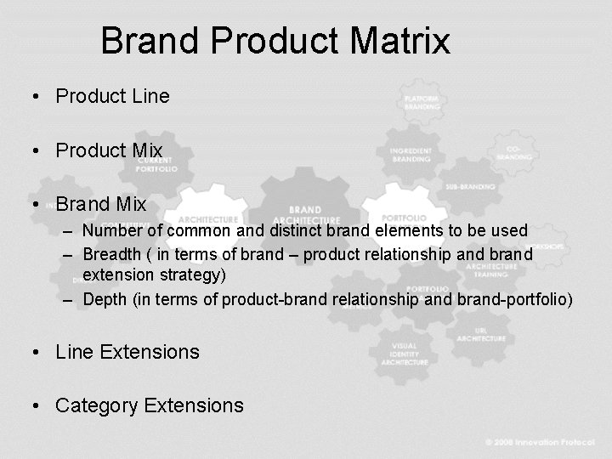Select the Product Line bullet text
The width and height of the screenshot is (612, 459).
click(x=112, y=96)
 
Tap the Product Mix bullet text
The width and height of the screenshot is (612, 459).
click(x=109, y=150)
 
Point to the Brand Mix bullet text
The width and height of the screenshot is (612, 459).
click(x=101, y=205)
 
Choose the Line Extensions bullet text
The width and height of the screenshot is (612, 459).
click(x=127, y=352)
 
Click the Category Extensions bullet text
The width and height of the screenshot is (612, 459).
click(x=149, y=405)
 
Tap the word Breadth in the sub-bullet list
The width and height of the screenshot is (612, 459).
click(x=113, y=253)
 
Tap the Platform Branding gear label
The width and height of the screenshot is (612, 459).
click(x=422, y=103)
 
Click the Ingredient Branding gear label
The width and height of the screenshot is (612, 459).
click(x=411, y=155)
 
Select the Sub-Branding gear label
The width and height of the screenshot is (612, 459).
click(x=470, y=186)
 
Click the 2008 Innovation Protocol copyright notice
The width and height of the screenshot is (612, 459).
click(x=543, y=443)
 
